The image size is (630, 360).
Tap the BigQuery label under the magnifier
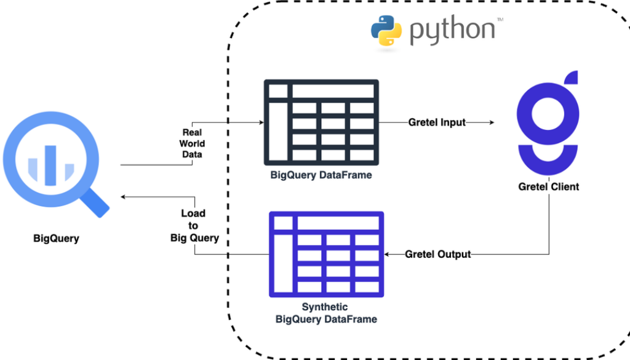(56, 238)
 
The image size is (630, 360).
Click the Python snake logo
(386, 31)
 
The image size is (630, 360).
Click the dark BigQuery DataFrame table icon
(321, 121)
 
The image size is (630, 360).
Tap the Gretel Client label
(548, 186)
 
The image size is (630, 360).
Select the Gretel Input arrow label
(437, 122)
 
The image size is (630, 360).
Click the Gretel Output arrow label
(438, 254)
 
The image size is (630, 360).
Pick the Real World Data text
(193, 143)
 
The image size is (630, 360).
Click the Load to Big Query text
(194, 226)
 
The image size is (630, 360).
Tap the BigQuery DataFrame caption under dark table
(321, 175)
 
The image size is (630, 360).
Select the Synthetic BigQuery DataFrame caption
(326, 313)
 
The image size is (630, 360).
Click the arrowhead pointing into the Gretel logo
(490, 122)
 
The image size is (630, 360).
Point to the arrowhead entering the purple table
(388, 254)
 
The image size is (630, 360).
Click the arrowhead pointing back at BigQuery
(124, 197)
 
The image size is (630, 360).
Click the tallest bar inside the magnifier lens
(52, 165)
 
